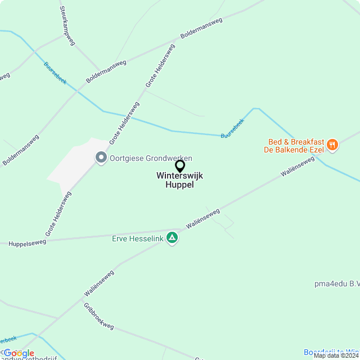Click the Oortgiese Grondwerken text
[151, 158]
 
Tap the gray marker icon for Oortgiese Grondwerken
[101, 157]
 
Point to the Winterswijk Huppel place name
[180, 180]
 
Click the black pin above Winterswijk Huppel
[180, 166]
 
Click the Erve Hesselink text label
[138, 238]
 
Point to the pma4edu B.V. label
[337, 284]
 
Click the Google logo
[19, 353]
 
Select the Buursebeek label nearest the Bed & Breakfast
[232, 129]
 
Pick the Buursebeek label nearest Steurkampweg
[55, 73]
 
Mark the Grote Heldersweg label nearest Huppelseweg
[58, 213]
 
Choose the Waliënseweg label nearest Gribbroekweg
[99, 283]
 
